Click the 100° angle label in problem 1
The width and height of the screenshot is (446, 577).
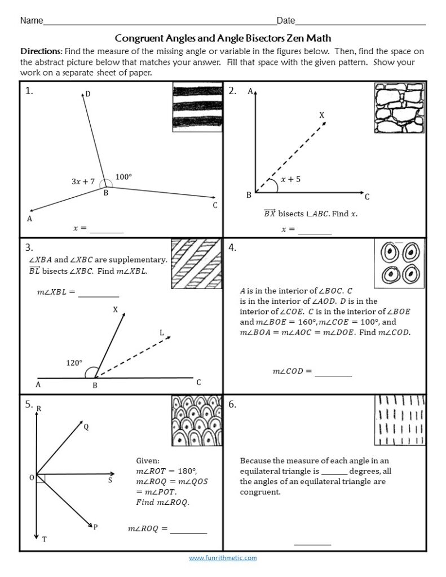point(123,177)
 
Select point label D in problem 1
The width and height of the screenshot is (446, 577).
point(88,94)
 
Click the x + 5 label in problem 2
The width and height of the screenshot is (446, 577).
point(290,179)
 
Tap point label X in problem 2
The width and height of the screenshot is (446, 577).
point(322,115)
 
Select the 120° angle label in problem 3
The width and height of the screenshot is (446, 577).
point(74,363)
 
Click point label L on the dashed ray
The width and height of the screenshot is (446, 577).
point(162,333)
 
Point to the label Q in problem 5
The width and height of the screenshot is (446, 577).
point(86,427)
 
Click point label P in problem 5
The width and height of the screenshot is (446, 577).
point(95,527)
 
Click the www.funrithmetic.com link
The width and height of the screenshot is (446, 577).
point(223,558)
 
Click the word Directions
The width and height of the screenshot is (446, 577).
point(41,51)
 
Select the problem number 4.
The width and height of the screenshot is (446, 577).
point(232,247)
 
